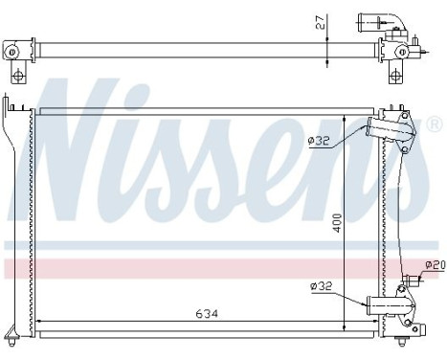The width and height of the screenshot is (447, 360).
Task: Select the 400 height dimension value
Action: pos(336,220)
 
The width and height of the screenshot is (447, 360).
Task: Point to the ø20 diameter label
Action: pos(436,264)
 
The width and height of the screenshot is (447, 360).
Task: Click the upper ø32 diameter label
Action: pos(319,142)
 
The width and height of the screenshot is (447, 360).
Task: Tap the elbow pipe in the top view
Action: pos(374,20)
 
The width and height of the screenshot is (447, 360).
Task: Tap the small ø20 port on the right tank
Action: pos(413,280)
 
